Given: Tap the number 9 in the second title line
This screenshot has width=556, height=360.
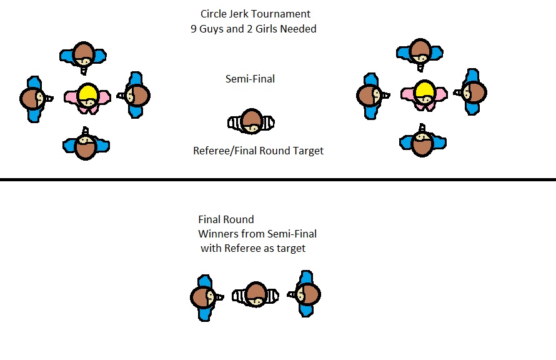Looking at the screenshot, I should pyautogui.click(x=194, y=29).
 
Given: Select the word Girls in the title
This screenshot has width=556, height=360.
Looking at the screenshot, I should pyautogui.click(x=270, y=29).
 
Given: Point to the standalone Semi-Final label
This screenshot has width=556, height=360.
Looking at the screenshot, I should pyautogui.click(x=250, y=79).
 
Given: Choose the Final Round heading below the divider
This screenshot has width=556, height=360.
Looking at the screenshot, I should pyautogui.click(x=226, y=220).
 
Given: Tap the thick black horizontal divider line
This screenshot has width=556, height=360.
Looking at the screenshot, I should pyautogui.click(x=278, y=180).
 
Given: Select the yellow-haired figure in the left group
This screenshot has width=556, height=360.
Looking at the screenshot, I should pyautogui.click(x=87, y=97).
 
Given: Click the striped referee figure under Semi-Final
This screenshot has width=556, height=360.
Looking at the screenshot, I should pyautogui.click(x=251, y=121).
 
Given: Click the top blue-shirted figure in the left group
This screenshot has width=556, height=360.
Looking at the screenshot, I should pyautogui.click(x=84, y=54).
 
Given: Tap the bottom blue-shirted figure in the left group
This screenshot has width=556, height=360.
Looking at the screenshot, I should pyautogui.click(x=86, y=146).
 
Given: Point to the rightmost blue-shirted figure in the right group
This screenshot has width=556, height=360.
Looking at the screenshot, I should pyautogui.click(x=474, y=92).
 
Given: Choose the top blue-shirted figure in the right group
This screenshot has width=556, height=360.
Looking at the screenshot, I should pyautogui.click(x=420, y=51).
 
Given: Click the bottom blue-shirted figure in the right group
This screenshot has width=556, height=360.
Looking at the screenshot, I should pyautogui.click(x=422, y=143).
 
